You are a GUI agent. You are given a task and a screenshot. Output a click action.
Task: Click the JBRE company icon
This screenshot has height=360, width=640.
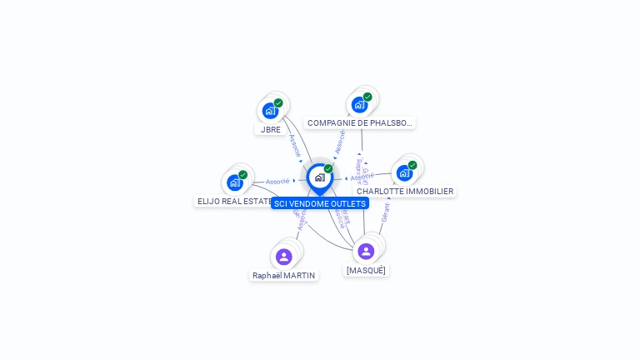coord(270,110)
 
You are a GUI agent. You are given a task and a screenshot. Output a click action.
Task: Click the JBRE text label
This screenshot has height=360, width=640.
coord(271,129)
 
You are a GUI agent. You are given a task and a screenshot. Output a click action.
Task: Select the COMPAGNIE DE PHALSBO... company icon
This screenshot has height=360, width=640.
coord(359,104)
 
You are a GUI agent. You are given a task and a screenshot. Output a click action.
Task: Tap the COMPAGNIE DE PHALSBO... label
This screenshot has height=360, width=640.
coord(359,122)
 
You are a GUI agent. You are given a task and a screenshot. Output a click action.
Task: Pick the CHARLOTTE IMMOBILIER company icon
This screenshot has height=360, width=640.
coord(404,172)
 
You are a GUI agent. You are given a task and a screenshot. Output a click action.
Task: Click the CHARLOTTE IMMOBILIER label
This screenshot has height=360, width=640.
coord(405,191)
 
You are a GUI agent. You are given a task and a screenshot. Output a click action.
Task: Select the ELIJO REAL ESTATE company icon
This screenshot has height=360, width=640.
coord(235,182)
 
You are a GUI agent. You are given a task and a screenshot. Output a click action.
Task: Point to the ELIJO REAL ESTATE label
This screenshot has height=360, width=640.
coord(233,201)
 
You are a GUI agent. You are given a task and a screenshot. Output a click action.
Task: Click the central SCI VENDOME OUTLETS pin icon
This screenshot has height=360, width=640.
coord(319,177)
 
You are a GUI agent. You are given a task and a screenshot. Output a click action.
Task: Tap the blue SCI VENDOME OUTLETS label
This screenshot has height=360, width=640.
coord(320,203)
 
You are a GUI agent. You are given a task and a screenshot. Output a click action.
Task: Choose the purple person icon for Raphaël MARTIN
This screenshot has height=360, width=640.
coord(283,257)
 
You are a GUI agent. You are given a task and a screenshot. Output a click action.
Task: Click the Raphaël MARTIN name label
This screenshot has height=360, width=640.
coord(284,275)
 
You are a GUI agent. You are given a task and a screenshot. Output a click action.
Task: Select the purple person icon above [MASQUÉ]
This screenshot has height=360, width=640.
coord(366,251)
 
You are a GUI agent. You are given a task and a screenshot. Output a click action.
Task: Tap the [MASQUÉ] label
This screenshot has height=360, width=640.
coord(366,270)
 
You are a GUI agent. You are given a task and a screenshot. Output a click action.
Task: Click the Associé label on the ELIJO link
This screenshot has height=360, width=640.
coord(277,181)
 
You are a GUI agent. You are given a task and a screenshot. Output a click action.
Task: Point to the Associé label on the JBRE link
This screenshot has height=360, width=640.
coord(294,145)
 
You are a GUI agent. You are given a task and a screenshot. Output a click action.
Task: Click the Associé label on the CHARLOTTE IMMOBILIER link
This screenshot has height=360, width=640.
coord(362,177)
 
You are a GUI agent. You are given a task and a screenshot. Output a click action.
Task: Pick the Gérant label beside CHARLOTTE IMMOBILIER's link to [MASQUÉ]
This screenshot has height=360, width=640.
coord(385,212)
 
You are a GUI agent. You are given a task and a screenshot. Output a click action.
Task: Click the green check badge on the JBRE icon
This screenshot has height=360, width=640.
coord(278,103)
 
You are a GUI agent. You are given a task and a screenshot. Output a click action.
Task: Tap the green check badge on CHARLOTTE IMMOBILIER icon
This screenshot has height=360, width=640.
coord(412,165)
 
